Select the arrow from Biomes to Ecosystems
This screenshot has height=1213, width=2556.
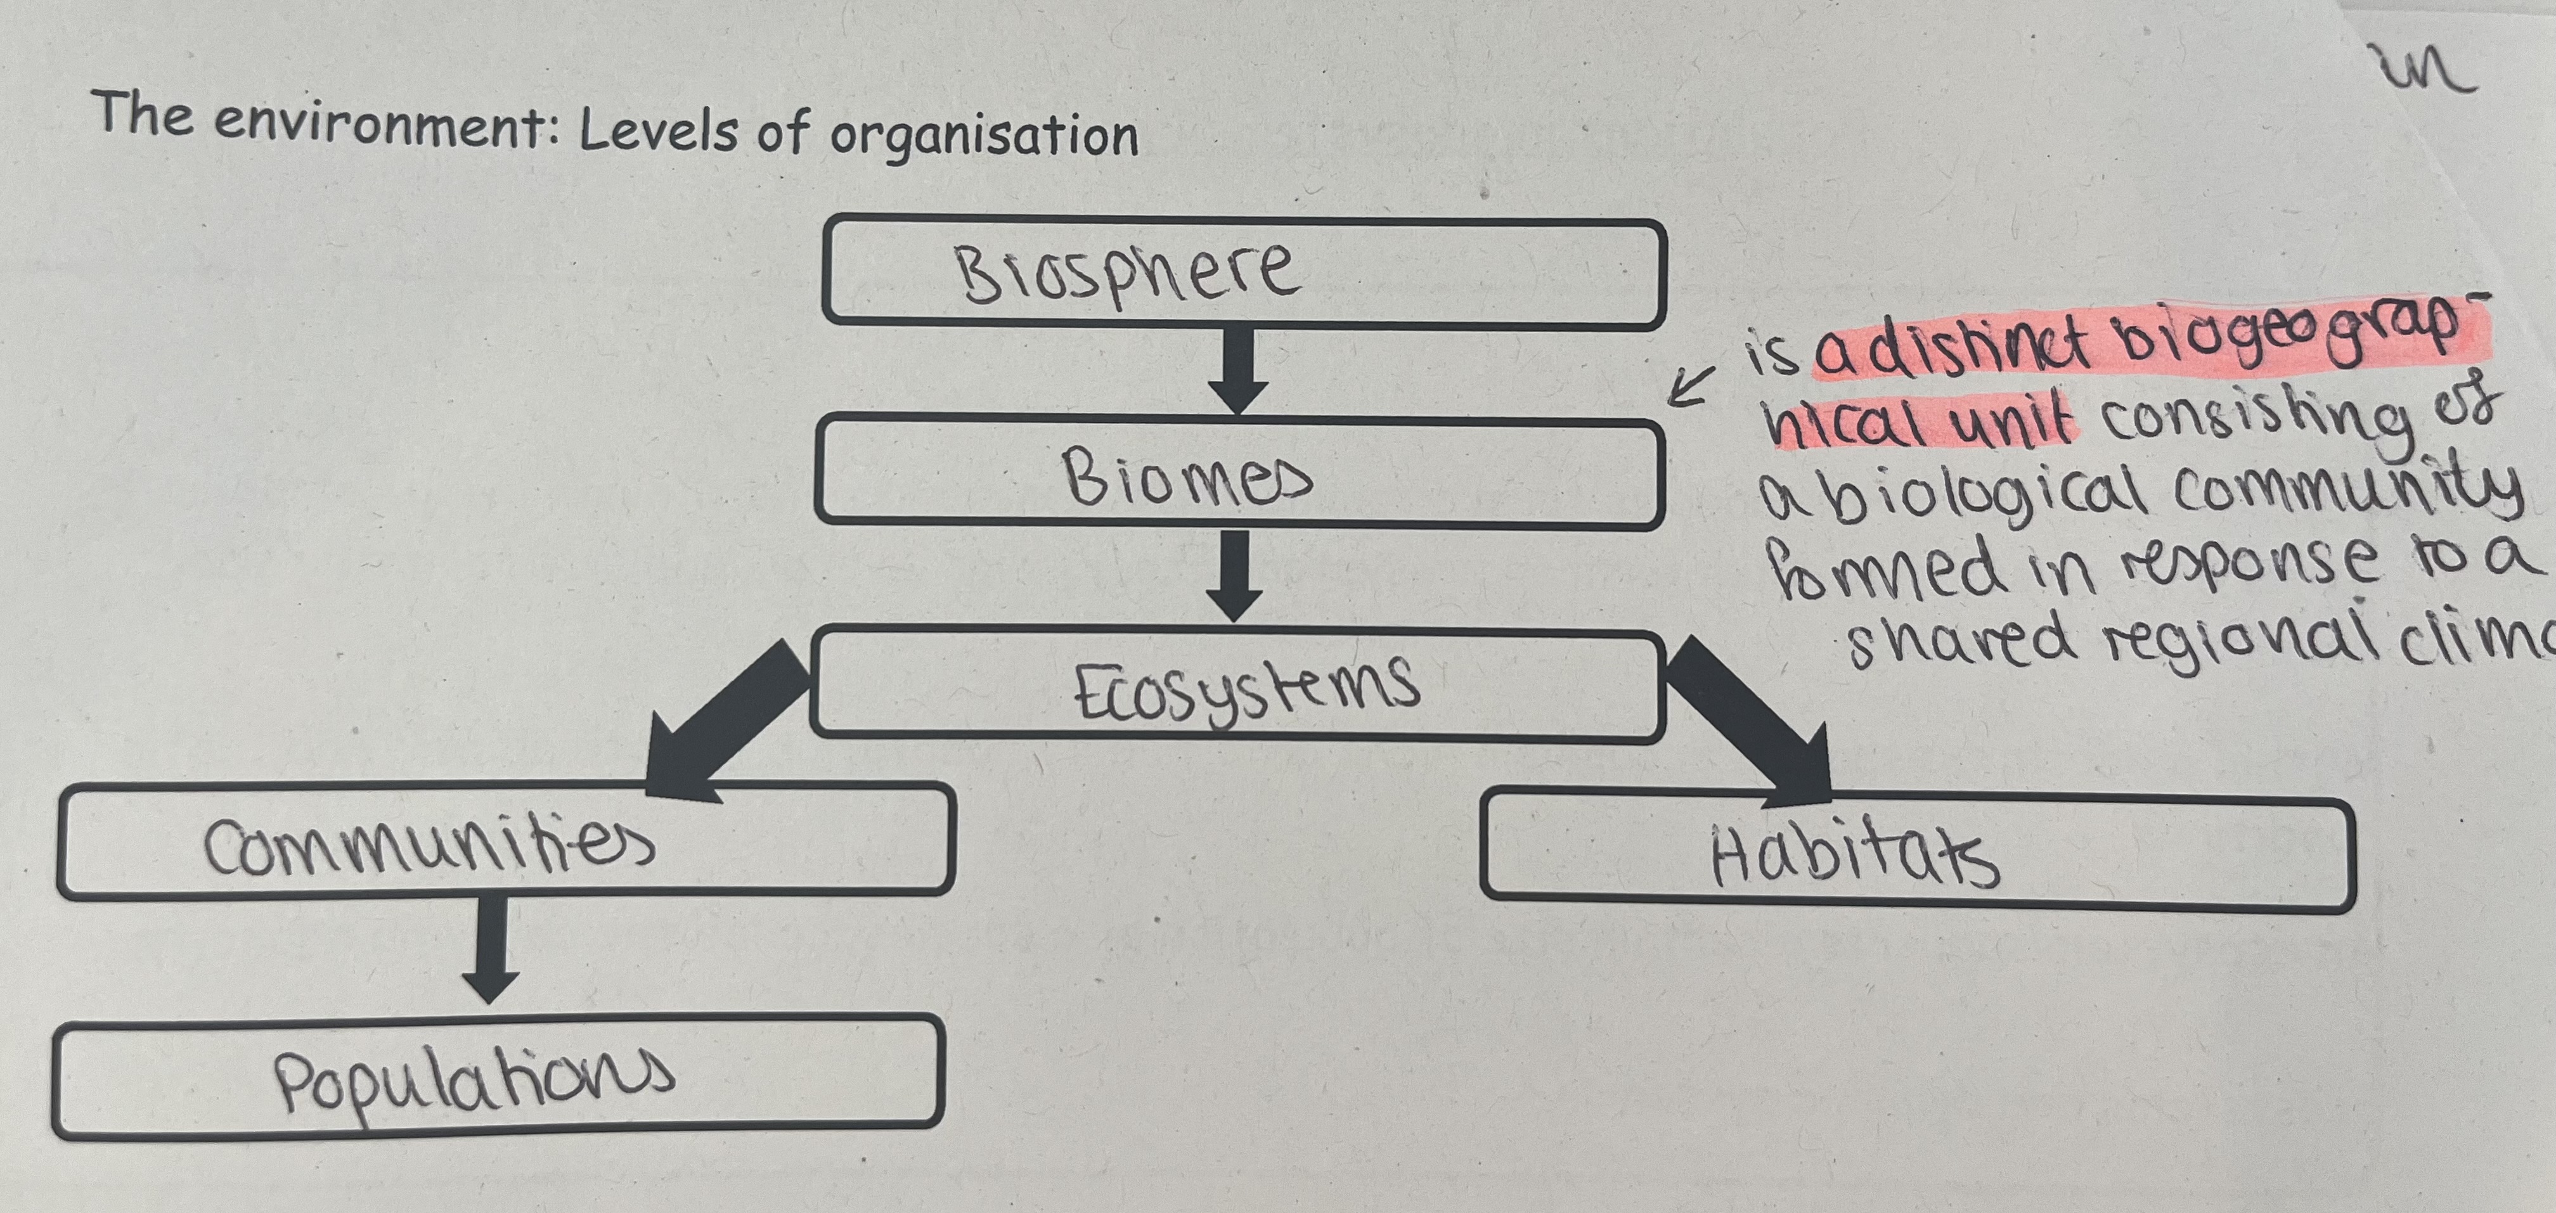pyautogui.click(x=1234, y=575)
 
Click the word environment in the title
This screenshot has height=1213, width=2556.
pyautogui.click(x=380, y=126)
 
